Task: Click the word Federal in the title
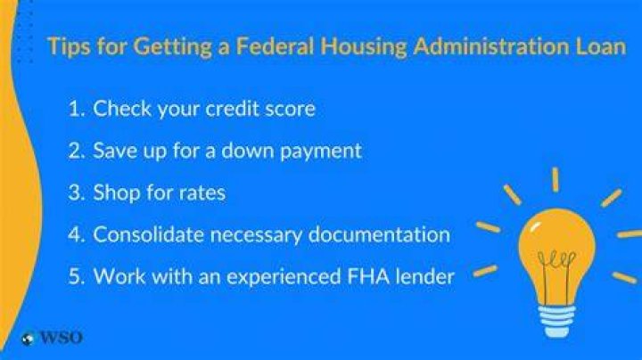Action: (x=275, y=46)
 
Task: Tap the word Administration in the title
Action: (x=491, y=46)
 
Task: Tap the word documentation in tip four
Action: (x=379, y=235)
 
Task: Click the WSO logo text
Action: (x=61, y=338)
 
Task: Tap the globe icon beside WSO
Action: (x=28, y=340)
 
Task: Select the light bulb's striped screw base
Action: (x=556, y=322)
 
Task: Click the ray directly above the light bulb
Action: (x=556, y=179)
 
